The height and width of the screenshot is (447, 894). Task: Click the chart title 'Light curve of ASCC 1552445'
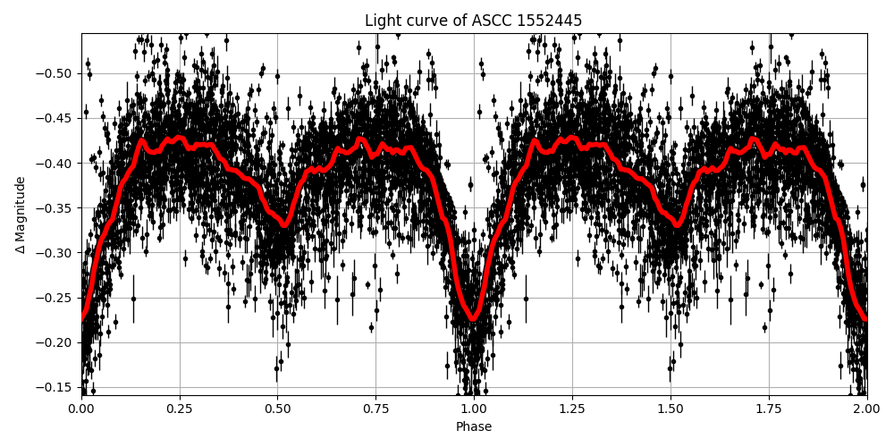tap(473, 21)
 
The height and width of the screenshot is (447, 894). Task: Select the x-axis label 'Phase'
tap(473, 427)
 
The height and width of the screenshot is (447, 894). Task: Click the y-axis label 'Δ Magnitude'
tap(21, 215)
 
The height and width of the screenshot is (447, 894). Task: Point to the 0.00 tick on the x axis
tap(81, 409)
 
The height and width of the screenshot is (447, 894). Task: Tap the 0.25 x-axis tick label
tap(180, 409)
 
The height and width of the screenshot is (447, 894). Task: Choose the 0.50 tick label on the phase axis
tap(277, 409)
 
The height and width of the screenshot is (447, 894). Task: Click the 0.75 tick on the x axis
tap(375, 409)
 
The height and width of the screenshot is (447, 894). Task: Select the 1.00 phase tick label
tap(474, 409)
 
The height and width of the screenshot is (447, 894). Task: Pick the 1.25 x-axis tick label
tap(572, 409)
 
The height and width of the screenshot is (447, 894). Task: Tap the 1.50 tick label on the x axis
tap(670, 409)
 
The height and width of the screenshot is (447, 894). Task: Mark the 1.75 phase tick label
tap(768, 409)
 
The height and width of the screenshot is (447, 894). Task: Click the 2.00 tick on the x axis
tap(866, 409)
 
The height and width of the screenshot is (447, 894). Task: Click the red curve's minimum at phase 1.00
tap(474, 319)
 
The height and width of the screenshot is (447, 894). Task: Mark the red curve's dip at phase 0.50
tap(284, 225)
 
